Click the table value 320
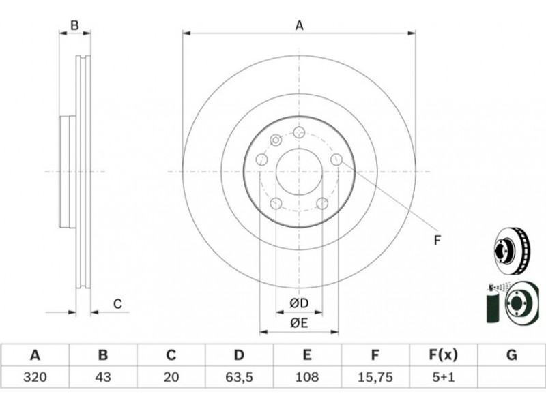pos(35,377)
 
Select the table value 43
pos(103,377)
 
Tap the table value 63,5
pos(238,377)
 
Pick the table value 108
pos(306,377)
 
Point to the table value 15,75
pos(375,377)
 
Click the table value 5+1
pos(443,377)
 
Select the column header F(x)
pos(443,355)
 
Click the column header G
pos(511,355)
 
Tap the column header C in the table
pos(171,355)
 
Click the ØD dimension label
pos(299,303)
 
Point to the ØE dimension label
pos(299,323)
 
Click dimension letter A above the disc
pos(300,25)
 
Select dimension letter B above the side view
pos(75,25)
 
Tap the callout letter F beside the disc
pos(437,240)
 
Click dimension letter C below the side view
pos(117,303)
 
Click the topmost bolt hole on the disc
pos(299,132)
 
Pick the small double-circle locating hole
pos(276,140)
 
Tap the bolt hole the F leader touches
pos(336,160)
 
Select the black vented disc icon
pos(512,249)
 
